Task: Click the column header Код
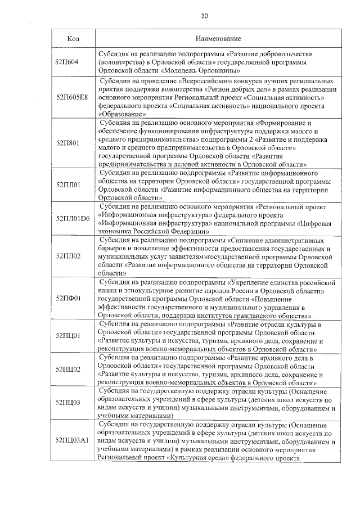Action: [x=73, y=39]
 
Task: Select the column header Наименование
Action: [x=218, y=39]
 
